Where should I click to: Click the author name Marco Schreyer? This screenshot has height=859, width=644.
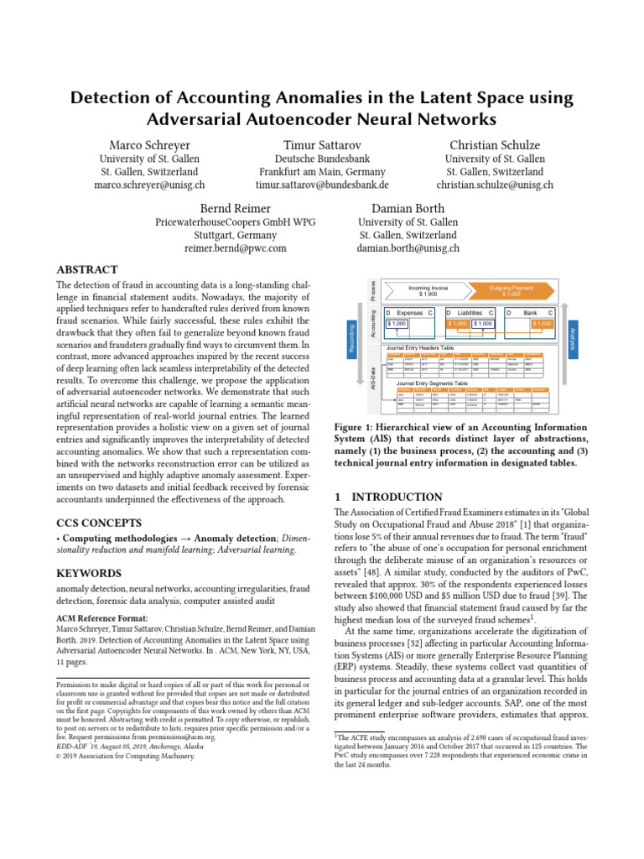[x=151, y=145]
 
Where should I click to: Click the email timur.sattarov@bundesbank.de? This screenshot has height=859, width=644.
[x=323, y=185]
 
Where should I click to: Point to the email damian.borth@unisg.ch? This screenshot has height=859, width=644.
[x=408, y=248]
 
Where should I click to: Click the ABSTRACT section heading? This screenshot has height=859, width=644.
[x=86, y=270]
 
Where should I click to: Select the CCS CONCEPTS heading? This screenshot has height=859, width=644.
[x=101, y=522]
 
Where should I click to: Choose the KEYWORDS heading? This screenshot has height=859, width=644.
[x=89, y=573]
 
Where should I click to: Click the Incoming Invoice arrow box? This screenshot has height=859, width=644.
[x=428, y=291]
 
